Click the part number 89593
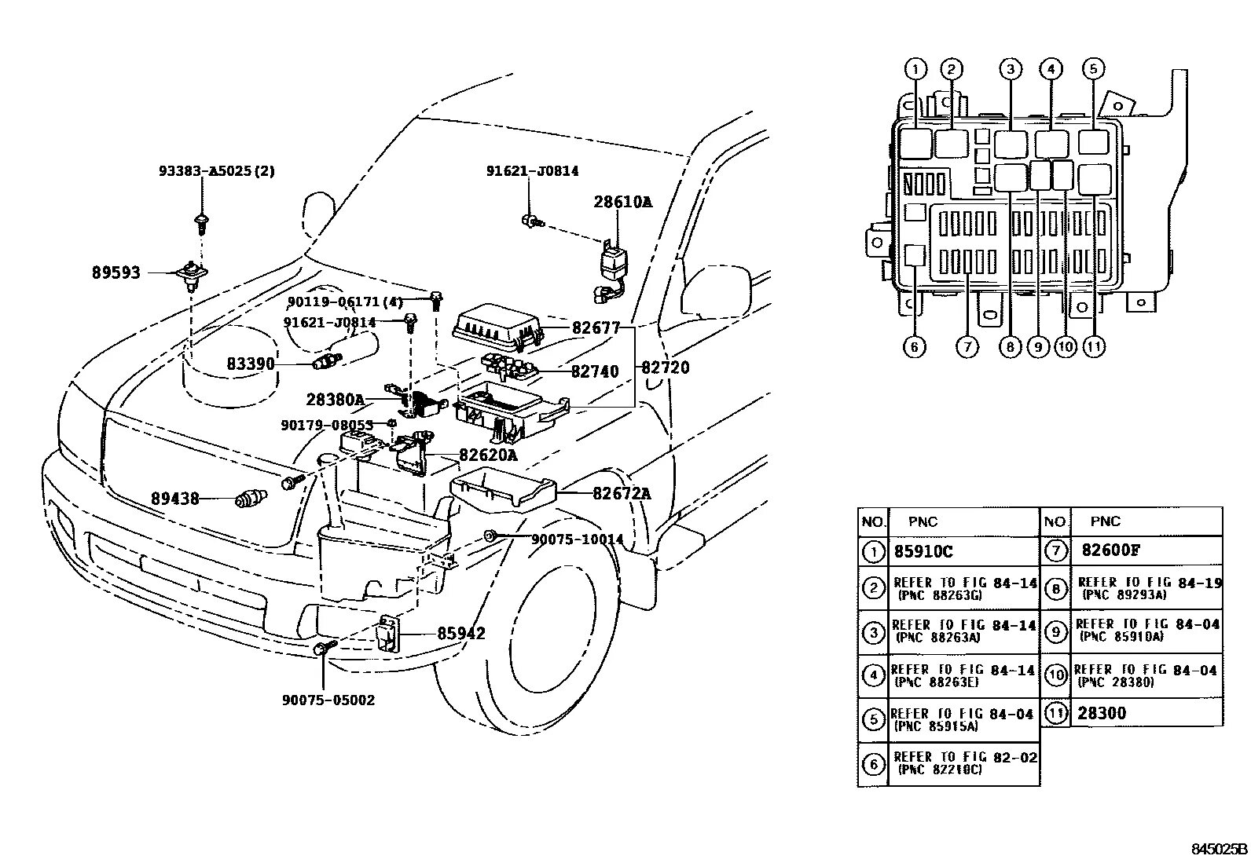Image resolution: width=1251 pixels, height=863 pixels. pos(116,272)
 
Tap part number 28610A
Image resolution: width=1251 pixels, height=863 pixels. pos(622,202)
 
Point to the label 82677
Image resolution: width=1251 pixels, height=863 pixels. pos(596,327)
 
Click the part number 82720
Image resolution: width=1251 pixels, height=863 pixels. pos(665,368)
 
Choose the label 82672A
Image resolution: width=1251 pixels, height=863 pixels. pos(621,493)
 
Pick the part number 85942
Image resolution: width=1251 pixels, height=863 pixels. pos(460,633)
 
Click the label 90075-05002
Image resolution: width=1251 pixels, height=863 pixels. pos(328,700)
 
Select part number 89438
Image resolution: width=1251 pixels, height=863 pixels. pos(175,499)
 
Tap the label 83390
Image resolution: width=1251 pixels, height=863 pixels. pos(251,364)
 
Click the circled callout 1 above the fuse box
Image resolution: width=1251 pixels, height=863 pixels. pos(915,69)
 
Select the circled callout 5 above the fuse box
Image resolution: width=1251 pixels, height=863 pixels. pos(1093,69)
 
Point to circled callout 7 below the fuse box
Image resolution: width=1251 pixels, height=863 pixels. pos(967,346)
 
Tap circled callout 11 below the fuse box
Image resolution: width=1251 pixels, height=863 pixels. pos(1093,346)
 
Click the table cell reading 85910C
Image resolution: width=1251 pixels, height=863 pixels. pos(923,552)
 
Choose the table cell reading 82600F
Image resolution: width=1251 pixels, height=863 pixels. pos(1110,550)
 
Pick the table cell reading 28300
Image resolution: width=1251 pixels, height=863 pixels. pos(1102,713)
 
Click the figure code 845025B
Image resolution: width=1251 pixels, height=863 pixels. pos(1219,849)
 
